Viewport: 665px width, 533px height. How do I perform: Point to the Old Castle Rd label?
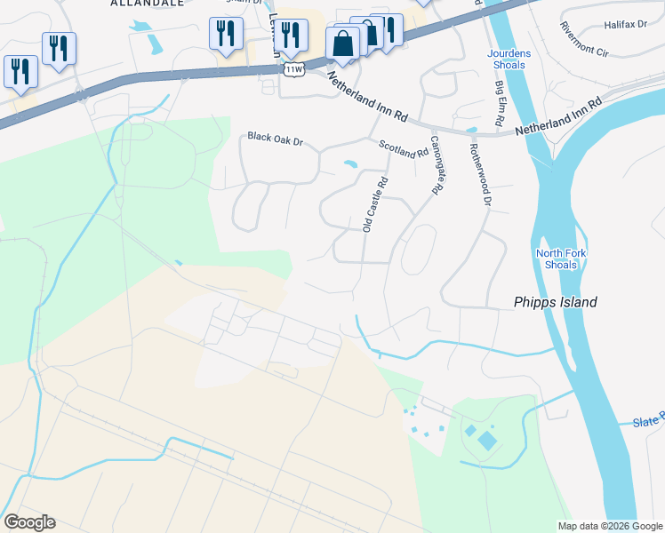click(374, 204)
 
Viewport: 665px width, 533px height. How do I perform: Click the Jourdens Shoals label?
click(510, 59)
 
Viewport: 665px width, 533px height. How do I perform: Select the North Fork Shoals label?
click(562, 259)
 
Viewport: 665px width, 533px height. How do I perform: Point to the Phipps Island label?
click(556, 302)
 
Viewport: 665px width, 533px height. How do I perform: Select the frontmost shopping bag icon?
click(342, 43)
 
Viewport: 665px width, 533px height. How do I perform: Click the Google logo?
click(29, 522)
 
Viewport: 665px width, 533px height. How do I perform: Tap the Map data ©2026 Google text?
click(609, 526)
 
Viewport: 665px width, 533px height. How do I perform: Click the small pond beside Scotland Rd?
click(350, 164)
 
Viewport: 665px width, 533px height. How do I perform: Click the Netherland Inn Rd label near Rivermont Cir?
click(559, 117)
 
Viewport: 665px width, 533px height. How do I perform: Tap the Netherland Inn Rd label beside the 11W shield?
click(366, 91)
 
